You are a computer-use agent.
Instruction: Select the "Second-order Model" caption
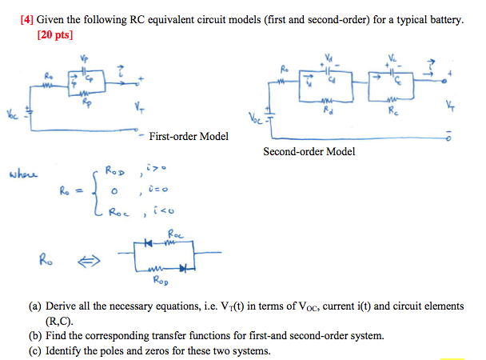click(x=309, y=151)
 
